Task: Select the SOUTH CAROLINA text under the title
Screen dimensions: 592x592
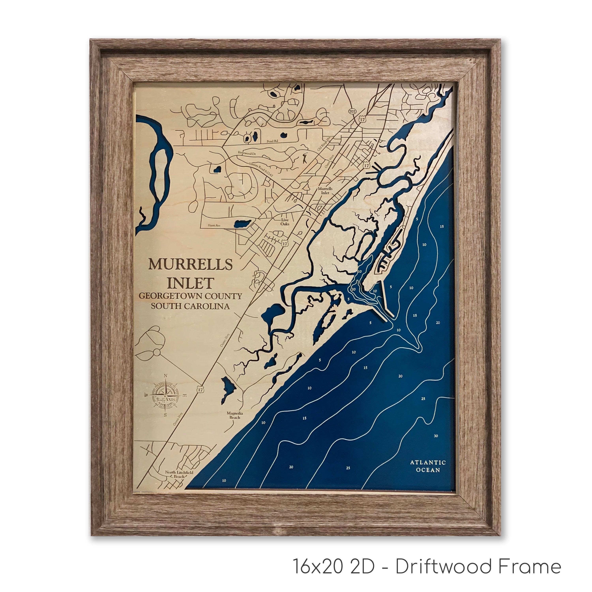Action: coord(190,306)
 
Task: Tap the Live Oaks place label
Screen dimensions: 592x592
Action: coord(285,222)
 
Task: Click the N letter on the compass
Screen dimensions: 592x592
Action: coord(166,376)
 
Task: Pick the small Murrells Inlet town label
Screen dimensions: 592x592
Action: coord(325,191)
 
